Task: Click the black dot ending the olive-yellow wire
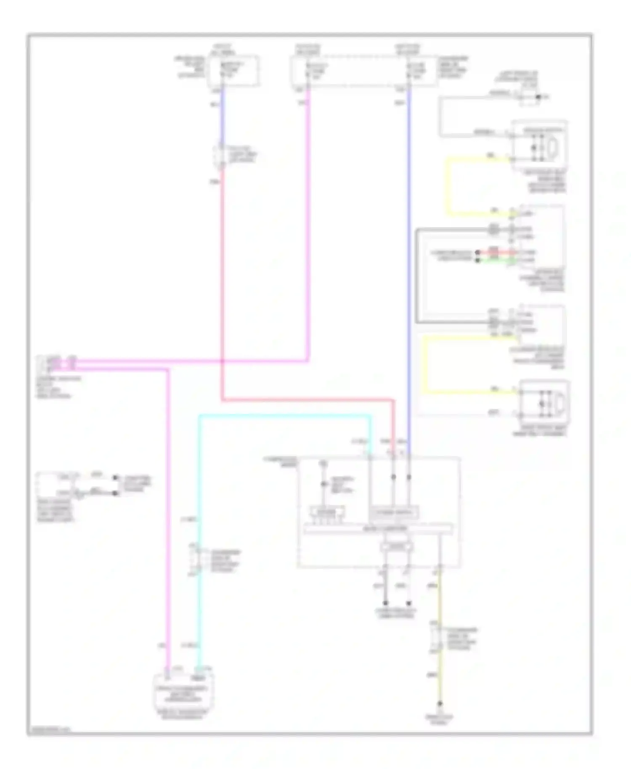[x=440, y=703]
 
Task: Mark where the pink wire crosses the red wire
[x=222, y=361]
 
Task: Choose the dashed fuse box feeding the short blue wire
[x=233, y=70]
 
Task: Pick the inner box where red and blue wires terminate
[x=394, y=513]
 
